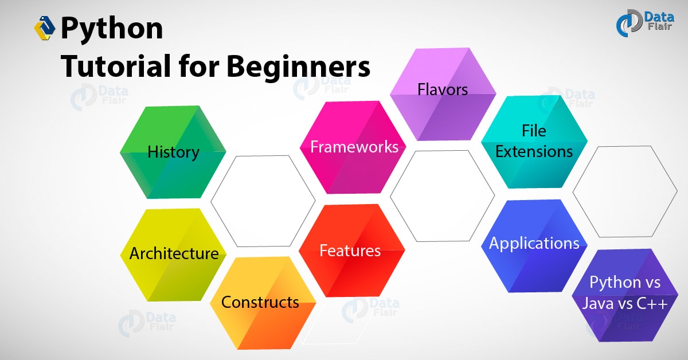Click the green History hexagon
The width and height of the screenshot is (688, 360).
click(x=173, y=152)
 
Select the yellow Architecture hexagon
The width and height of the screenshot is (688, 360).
click(x=173, y=255)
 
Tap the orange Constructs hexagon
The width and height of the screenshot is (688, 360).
click(x=263, y=303)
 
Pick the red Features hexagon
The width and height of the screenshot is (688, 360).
click(x=352, y=251)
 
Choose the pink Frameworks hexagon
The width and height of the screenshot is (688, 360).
click(x=353, y=147)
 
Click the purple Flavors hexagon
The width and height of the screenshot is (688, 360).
click(x=443, y=95)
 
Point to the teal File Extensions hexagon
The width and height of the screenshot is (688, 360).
click(x=534, y=142)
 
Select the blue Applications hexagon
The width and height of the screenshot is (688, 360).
click(x=534, y=246)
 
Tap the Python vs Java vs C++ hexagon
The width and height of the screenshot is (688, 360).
click(x=625, y=295)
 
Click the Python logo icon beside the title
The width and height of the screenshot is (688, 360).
click(x=45, y=28)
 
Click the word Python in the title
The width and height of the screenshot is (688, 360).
click(x=112, y=29)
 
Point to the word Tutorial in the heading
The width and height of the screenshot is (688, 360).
click(x=116, y=66)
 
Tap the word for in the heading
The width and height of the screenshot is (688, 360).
click(x=199, y=66)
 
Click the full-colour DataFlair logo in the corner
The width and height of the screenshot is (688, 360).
click(x=645, y=23)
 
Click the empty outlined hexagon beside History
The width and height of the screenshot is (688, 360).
click(x=263, y=201)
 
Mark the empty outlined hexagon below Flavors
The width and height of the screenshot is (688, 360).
click(x=442, y=196)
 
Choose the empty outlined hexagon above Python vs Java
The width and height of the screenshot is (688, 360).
click(x=625, y=191)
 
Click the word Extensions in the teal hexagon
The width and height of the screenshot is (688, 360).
click(x=534, y=151)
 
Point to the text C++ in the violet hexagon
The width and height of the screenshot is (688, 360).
click(x=652, y=303)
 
